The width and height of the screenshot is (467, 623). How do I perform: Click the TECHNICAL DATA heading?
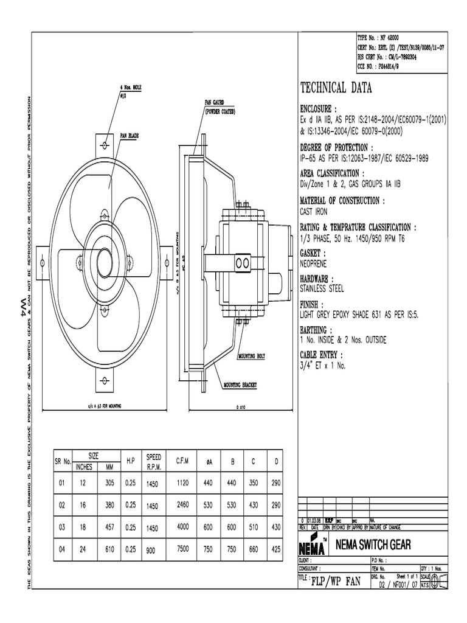click(x=336, y=88)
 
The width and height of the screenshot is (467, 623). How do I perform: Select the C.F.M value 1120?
click(x=183, y=482)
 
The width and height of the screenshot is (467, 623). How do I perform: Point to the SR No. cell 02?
click(x=61, y=505)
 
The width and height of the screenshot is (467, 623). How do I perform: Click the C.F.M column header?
click(x=182, y=462)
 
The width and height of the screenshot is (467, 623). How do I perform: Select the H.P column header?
click(x=130, y=462)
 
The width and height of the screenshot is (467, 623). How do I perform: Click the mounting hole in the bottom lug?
click(x=105, y=381)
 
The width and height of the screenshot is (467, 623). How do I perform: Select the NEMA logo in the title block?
click(x=314, y=544)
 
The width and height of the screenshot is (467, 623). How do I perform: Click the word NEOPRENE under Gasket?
click(x=316, y=265)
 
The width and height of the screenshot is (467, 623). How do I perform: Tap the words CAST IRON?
click(x=314, y=212)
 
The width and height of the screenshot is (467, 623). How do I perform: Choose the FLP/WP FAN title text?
click(x=336, y=582)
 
